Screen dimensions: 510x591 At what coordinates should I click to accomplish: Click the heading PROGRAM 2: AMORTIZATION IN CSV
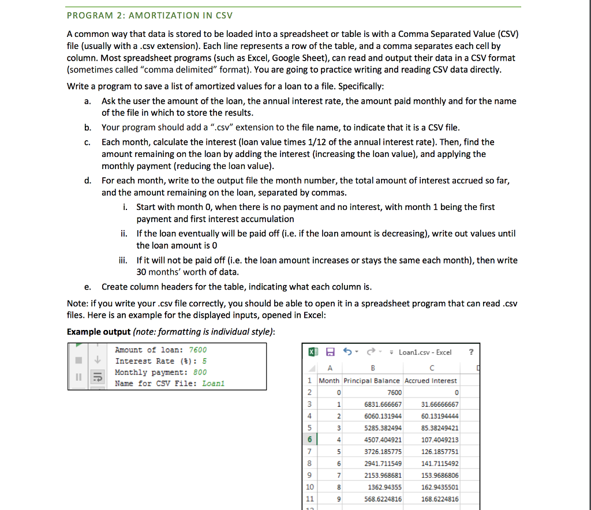[150, 15]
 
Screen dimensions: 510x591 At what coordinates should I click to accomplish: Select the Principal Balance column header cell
[372, 381]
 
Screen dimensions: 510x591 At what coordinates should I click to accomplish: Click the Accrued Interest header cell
[431, 381]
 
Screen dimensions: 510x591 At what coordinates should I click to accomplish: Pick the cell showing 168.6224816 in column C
[440, 499]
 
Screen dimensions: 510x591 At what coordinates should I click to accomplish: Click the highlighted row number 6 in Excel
[310, 440]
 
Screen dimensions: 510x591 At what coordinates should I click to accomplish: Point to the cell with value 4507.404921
[383, 440]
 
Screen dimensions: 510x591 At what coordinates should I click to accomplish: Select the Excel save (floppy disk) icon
[330, 352]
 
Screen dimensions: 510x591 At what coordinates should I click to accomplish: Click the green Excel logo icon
[313, 352]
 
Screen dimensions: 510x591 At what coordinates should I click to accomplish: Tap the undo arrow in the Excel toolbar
[348, 352]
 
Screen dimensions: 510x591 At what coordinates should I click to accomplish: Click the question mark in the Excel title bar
[471, 352]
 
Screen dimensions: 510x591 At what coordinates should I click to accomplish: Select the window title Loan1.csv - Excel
[425, 352]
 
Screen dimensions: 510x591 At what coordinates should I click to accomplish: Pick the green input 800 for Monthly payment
[200, 372]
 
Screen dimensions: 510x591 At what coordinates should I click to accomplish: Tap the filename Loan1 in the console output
[214, 383]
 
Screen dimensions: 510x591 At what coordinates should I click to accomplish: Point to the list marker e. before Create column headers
[87, 287]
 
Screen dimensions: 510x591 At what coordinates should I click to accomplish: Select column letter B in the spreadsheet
[372, 369]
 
